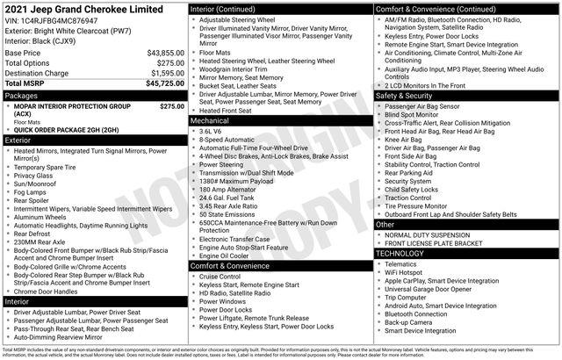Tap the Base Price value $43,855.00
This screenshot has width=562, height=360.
pos(165,53)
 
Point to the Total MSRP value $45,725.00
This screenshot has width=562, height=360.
pos(163,83)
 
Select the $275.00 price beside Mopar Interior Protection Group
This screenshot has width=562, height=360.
pos(171,106)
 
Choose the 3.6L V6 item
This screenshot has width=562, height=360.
pos(214,131)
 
